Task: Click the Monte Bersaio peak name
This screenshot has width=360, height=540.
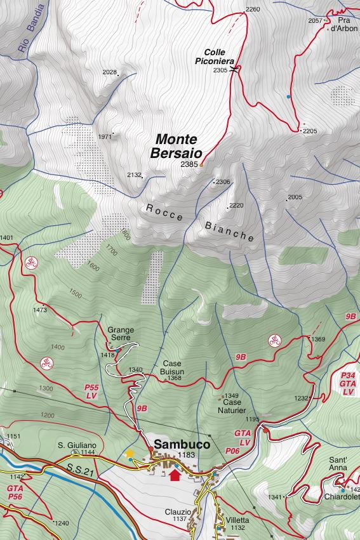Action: [x=177, y=146]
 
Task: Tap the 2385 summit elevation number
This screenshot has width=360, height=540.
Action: [x=189, y=164]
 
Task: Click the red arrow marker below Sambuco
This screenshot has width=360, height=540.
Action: [x=175, y=474]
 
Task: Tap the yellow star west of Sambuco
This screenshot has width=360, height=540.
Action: [x=130, y=453]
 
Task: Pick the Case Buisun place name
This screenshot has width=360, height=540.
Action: [x=168, y=367]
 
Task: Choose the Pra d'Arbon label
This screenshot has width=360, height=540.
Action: [x=343, y=25]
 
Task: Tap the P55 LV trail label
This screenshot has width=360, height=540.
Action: [x=91, y=391]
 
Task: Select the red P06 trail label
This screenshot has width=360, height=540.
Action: [x=232, y=450]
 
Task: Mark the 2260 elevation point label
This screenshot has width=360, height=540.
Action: [x=252, y=10]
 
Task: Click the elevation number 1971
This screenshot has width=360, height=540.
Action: [x=105, y=136]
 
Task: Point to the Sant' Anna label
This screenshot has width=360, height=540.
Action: [x=337, y=463]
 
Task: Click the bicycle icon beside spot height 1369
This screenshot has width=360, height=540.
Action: [x=274, y=340]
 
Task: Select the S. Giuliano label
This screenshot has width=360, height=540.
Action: [x=77, y=445]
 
